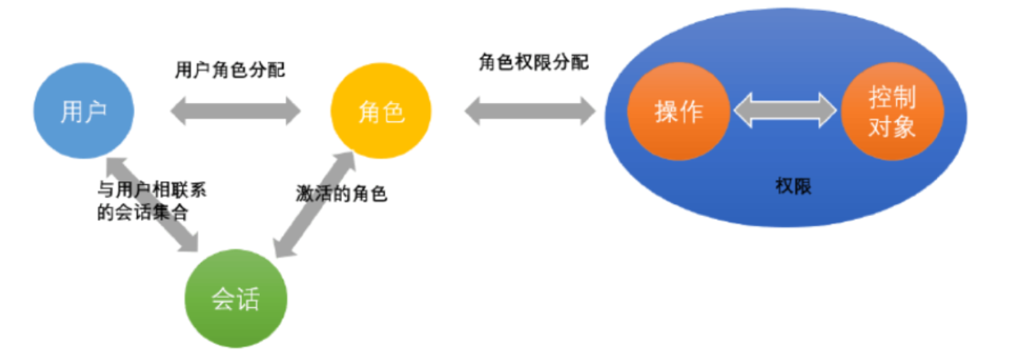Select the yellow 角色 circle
(381, 112)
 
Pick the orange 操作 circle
(679, 112)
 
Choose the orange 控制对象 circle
(891, 112)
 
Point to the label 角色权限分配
(533, 62)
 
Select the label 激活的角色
(342, 194)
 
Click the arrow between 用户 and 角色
(235, 112)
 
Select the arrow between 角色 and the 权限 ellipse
(529, 112)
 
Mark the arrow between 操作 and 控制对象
(785, 112)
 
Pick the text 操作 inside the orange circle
(679, 112)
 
